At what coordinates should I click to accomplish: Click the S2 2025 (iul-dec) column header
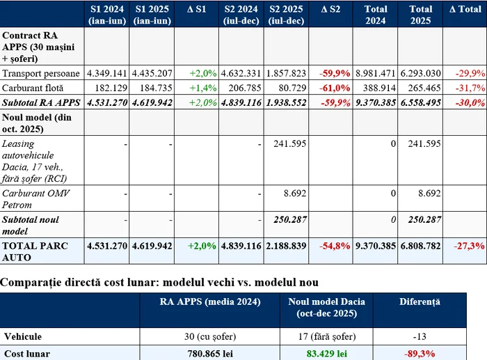[x=287, y=15]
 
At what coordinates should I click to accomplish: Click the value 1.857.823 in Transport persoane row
[x=287, y=73]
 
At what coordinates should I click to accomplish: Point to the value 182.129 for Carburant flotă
[x=109, y=88]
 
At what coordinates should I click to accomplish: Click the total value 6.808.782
[x=420, y=246]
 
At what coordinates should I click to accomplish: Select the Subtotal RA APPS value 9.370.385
[x=376, y=103]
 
